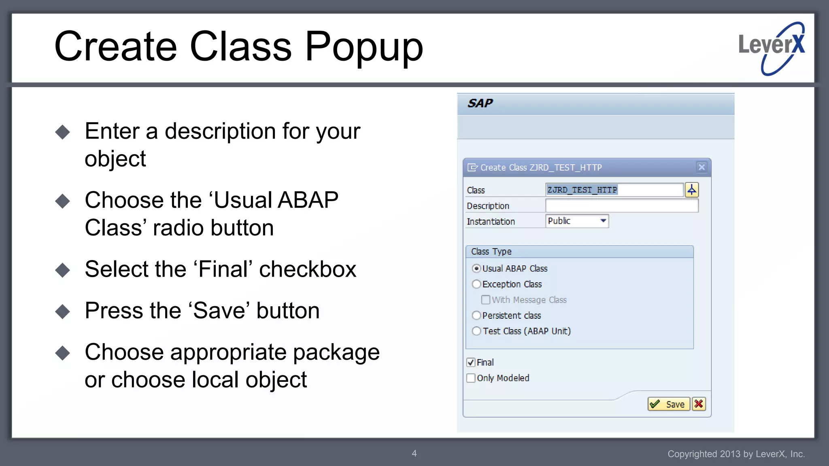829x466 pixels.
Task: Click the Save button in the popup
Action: (668, 404)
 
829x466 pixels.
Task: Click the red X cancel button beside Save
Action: (699, 404)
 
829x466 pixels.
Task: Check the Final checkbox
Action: (471, 362)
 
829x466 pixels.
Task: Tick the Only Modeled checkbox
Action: (471, 378)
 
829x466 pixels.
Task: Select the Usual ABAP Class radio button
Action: (476, 269)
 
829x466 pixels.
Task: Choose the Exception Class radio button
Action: (476, 284)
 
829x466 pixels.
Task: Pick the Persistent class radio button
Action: (476, 316)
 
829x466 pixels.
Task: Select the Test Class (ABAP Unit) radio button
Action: (476, 331)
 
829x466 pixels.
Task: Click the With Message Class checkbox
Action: (486, 300)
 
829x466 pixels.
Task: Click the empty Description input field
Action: (621, 206)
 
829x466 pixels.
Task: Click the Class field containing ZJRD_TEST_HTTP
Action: (614, 190)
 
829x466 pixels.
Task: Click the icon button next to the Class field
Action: (692, 190)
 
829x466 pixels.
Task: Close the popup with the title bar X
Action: (702, 167)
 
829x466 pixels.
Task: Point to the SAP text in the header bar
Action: (480, 104)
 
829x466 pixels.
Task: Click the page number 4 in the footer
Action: (414, 453)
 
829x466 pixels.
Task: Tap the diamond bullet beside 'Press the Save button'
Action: (63, 311)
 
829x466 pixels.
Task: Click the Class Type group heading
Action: (491, 252)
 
